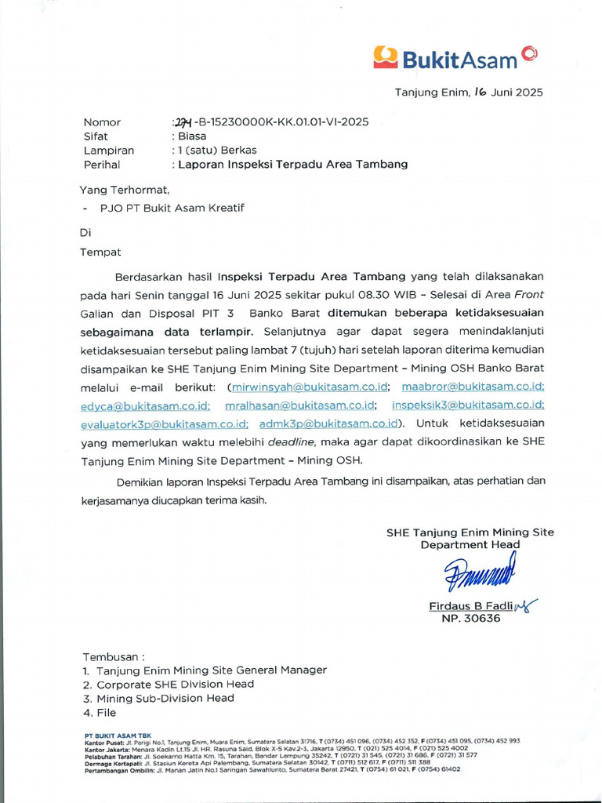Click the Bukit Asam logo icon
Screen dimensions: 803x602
pos(386,56)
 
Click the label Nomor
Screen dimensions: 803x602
pos(102,122)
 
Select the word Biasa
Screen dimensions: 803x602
pos(192,136)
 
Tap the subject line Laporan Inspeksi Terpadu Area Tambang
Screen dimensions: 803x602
pos(292,165)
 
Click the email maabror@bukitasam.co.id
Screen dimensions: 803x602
pos(473,387)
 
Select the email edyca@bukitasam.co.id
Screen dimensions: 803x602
pos(145,405)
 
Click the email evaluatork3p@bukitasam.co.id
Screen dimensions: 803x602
pos(165,424)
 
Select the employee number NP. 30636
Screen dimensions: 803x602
pos(466,619)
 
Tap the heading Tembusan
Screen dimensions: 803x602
pos(113,656)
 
